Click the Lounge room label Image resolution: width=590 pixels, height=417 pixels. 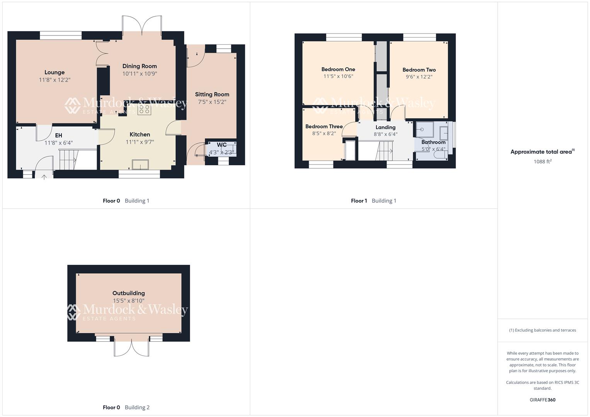pyautogui.click(x=54, y=72)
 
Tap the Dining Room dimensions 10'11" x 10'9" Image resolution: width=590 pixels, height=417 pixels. pyautogui.click(x=139, y=74)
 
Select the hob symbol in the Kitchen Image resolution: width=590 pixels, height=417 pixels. pyautogui.click(x=145, y=109)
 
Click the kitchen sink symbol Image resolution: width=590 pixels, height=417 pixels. pyautogui.click(x=140, y=164)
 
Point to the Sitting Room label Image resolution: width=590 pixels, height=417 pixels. pyautogui.click(x=212, y=94)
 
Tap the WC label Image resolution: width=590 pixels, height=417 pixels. pyautogui.click(x=222, y=145)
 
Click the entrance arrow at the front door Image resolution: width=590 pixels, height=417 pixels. pyautogui.click(x=44, y=177)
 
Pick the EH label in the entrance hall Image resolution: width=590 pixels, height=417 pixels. pyautogui.click(x=58, y=136)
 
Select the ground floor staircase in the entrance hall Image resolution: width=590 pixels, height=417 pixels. pyautogui.click(x=69, y=159)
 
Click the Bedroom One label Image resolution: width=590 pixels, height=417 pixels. pyautogui.click(x=338, y=69)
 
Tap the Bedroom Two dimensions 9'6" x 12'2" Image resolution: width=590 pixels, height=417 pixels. pyautogui.click(x=419, y=77)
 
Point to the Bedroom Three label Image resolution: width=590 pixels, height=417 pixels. pyautogui.click(x=324, y=127)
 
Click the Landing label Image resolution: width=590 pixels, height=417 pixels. pyautogui.click(x=385, y=127)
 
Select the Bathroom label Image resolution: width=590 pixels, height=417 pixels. pyautogui.click(x=433, y=142)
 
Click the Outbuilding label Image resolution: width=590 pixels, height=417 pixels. pyautogui.click(x=129, y=293)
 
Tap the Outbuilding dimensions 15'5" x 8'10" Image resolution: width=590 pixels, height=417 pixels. pyautogui.click(x=129, y=301)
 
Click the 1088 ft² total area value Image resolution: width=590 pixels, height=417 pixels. pyautogui.click(x=542, y=161)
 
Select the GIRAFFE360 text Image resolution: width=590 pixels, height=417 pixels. pyautogui.click(x=542, y=400)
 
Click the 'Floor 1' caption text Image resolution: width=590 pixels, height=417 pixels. pyautogui.click(x=359, y=201)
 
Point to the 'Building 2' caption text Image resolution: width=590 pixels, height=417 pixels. pyautogui.click(x=137, y=407)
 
